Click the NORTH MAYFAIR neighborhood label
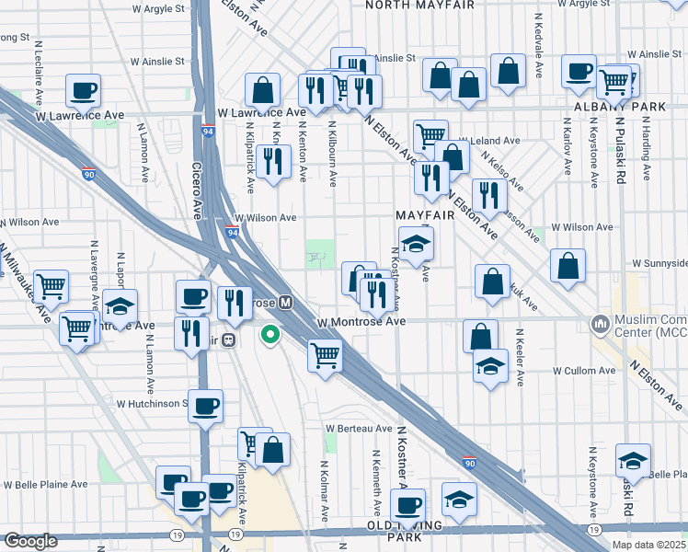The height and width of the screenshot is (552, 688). pyautogui.click(x=419, y=5)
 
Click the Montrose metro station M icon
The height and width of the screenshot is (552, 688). pyautogui.click(x=286, y=302)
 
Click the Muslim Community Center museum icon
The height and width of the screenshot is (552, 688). pyautogui.click(x=602, y=324)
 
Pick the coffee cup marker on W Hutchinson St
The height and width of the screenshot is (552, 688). pyautogui.click(x=205, y=406)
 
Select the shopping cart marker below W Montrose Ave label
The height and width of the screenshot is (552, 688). pyautogui.click(x=325, y=354)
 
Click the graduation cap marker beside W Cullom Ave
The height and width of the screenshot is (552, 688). pyautogui.click(x=490, y=367)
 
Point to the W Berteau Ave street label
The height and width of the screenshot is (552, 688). pyautogui.click(x=359, y=429)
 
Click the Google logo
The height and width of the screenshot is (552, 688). pyautogui.click(x=30, y=541)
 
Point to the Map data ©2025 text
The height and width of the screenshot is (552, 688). pyautogui.click(x=648, y=545)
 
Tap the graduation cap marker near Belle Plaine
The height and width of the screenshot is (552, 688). pyautogui.click(x=633, y=460)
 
